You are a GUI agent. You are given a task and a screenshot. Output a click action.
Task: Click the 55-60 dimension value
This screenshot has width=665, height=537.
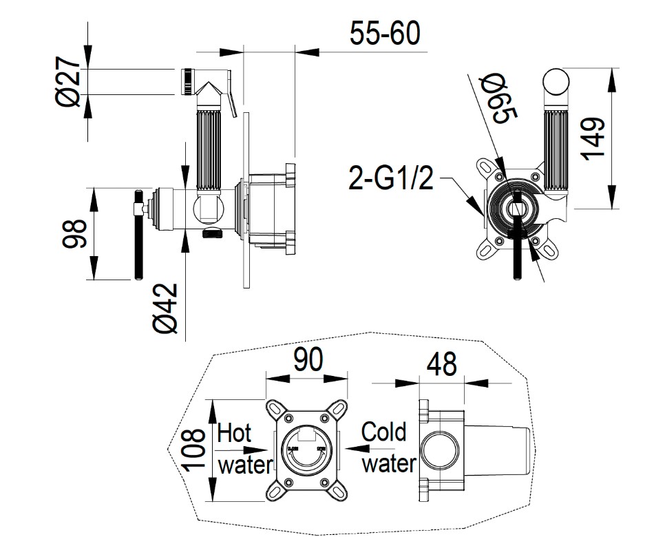pos(384,33)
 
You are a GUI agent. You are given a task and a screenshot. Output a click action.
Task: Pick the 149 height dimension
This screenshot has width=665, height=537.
pos(593,138)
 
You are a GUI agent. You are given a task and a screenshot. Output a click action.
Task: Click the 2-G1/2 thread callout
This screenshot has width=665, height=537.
pos(391,180)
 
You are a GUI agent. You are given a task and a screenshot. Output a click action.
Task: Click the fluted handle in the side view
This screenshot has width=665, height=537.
pos(209,149)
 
